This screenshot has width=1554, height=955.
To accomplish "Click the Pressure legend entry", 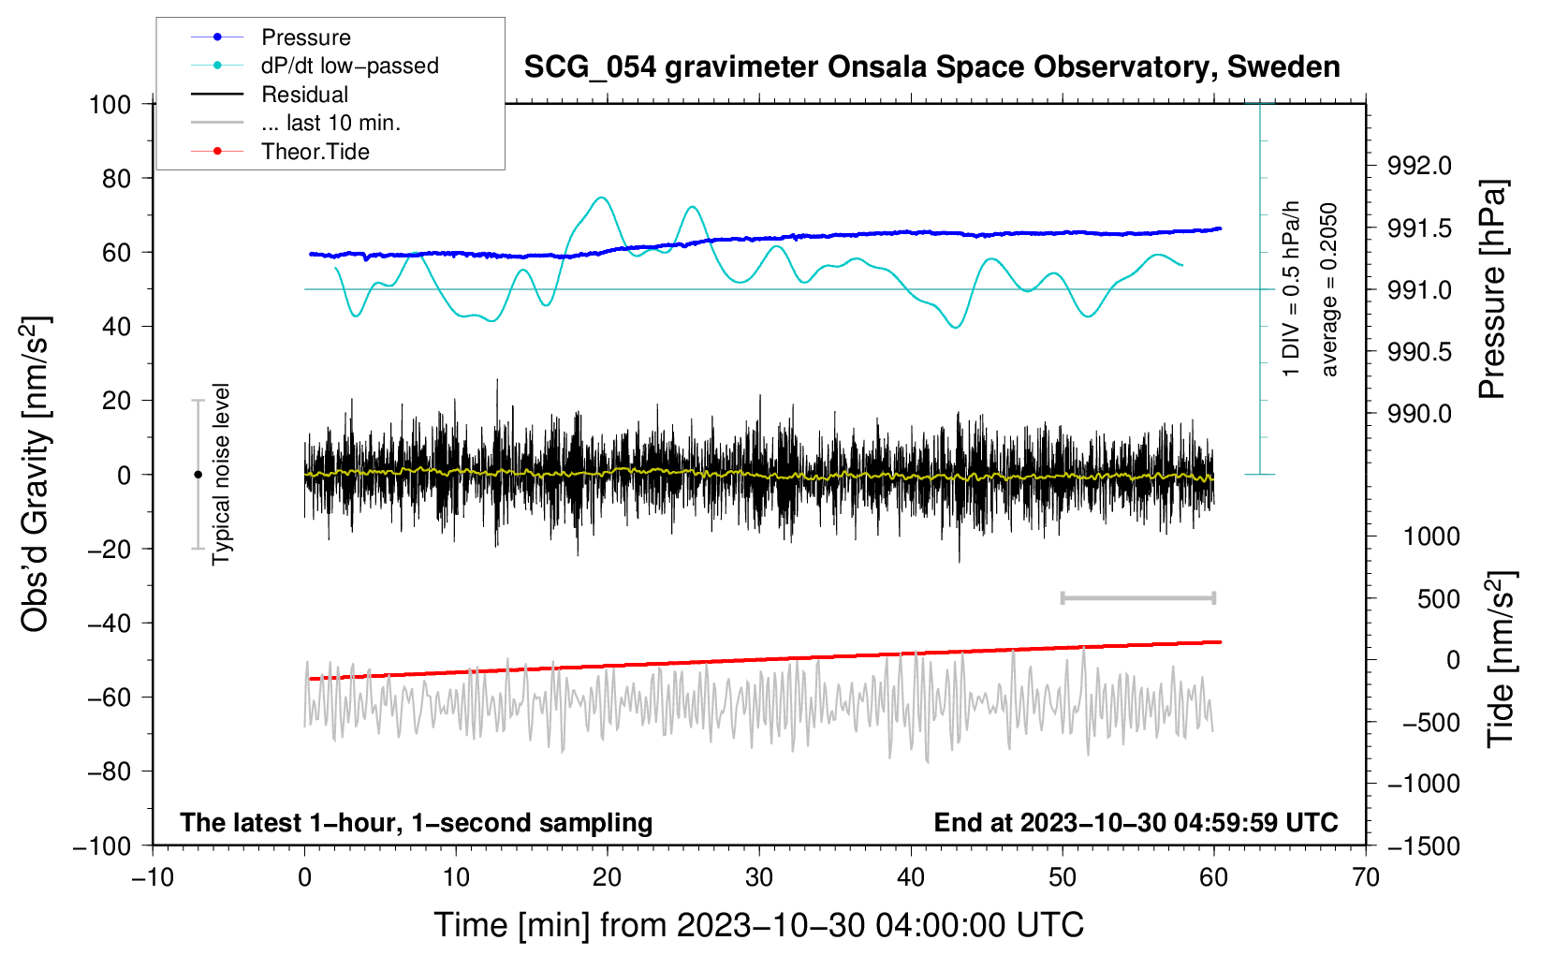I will (x=305, y=37).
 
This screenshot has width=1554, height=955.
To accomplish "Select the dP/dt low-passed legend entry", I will (x=349, y=66).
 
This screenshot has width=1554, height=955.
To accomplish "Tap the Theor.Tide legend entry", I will (x=315, y=152).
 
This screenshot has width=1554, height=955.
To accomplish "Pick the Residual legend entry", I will (x=304, y=95).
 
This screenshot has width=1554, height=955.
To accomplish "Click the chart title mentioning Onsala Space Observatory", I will (x=931, y=67).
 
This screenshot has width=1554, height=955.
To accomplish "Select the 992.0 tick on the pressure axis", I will (x=1419, y=167).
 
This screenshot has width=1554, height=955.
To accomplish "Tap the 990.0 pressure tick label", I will (x=1419, y=414).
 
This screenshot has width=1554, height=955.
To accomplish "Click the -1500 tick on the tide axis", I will (x=1423, y=845).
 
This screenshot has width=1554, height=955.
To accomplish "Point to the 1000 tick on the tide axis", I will (x=1431, y=536).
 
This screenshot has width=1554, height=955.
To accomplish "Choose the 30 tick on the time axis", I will (x=759, y=877).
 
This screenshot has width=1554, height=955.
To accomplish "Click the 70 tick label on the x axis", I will (x=1366, y=877).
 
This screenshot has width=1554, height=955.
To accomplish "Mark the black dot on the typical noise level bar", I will (x=198, y=475).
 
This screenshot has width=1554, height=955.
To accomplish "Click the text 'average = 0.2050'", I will (x=1328, y=289).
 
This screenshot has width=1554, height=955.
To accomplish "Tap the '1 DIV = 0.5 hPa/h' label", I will (x=1292, y=287).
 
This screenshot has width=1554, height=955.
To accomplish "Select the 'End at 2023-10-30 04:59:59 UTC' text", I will (x=1136, y=822).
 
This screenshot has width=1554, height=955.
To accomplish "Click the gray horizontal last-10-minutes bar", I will (x=1137, y=598).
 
